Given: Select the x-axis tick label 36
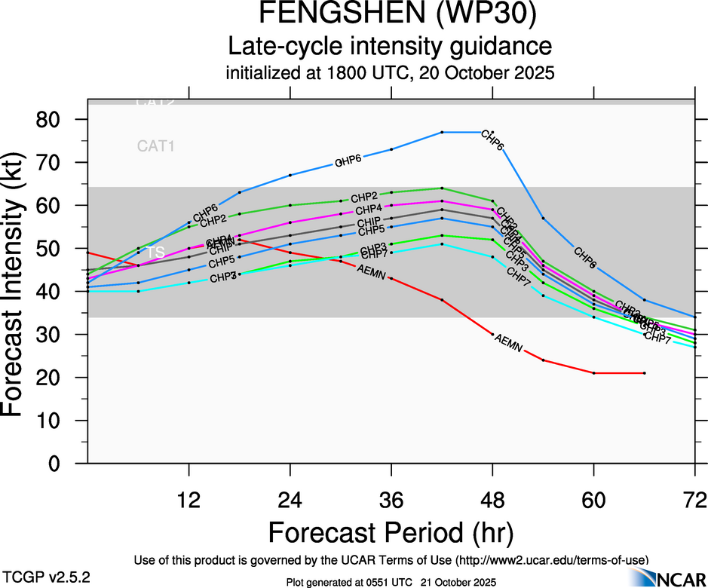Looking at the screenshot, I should [391, 500].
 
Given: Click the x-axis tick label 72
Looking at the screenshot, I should [694, 500].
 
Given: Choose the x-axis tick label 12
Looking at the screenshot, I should [188, 500].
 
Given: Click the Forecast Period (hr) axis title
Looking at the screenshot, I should [391, 533].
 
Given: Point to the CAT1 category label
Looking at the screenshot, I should [156, 146].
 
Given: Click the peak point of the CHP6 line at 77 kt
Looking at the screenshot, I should [442, 132].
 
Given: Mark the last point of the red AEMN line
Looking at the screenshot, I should [645, 373].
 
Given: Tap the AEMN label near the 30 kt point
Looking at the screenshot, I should [508, 343].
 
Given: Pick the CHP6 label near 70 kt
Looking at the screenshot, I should [348, 160].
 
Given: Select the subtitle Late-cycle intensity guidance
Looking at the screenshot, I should [390, 47].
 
